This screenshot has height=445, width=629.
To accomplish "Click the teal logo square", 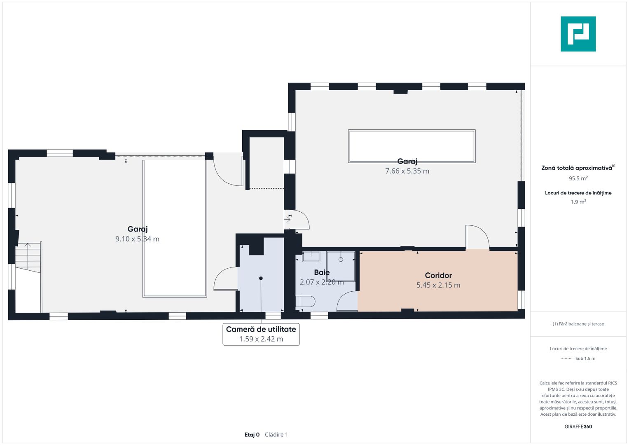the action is [578, 34].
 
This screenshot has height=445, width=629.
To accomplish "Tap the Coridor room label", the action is [438, 275].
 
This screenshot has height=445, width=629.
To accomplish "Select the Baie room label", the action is [322, 272].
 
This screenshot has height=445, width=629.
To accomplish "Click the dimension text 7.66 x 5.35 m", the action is [407, 171].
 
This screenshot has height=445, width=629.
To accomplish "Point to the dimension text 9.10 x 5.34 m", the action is [137, 239].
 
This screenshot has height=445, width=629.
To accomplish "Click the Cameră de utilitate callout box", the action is [261, 334].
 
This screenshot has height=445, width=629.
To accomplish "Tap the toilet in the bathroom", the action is [305, 302].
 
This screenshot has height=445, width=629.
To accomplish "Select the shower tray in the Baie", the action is [341, 266].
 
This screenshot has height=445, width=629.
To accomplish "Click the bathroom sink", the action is [311, 256].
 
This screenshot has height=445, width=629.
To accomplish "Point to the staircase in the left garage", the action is [28, 258].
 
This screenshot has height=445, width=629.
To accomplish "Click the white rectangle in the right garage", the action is [412, 146].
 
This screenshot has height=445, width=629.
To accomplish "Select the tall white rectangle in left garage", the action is [175, 228].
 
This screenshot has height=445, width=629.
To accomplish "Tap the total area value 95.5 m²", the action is [578, 178].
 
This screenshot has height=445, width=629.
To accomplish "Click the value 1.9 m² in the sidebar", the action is [578, 202].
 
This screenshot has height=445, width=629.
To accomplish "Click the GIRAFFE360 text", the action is [578, 426].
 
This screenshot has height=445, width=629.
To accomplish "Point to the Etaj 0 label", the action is [252, 435].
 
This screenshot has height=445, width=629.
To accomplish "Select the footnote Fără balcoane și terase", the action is [578, 323].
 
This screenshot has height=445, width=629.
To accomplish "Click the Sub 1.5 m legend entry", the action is [585, 358].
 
